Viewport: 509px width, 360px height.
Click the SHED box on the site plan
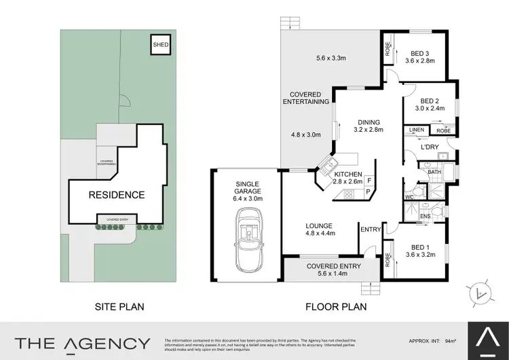160,46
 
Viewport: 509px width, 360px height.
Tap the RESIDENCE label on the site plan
116,195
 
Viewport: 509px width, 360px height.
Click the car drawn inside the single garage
247,238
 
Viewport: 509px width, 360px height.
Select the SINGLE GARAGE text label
247,188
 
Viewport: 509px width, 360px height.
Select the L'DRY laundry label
430,147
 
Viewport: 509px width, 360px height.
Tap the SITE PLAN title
118,306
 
